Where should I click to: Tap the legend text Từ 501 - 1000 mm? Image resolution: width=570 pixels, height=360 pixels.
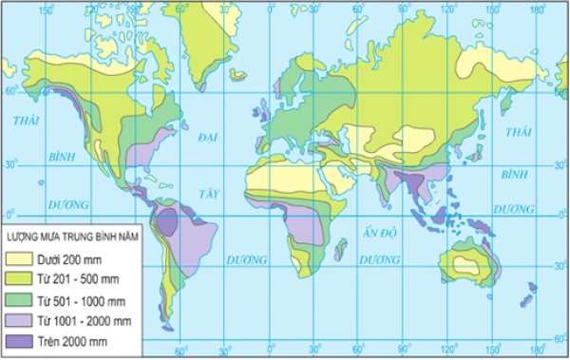74,299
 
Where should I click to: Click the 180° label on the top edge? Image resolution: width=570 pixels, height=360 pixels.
538,9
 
